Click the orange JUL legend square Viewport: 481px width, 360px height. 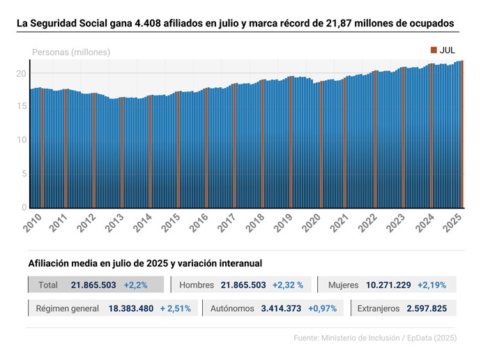pos(434,50)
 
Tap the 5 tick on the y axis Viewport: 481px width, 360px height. pos(23,174)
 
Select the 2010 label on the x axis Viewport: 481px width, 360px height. pos(32,223)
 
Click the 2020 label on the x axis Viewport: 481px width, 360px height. pos(311,223)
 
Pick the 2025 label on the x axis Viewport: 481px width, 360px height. pos(452,223)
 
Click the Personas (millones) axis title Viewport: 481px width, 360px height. pos(71,52)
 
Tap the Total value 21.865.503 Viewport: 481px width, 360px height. pos(93,285)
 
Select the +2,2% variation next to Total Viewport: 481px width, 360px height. pos(135,285)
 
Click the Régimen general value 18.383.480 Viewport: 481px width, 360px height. pos(131,308)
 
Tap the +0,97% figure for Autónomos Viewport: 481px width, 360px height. pos(323,308)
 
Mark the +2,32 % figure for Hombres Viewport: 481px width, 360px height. pos(287,285)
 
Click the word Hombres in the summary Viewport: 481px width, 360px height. pos(197,285)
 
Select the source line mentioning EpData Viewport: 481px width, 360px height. pos(375,338)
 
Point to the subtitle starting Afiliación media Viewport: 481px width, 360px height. pos(145,263)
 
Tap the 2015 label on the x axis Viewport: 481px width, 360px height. pos(171,223)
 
